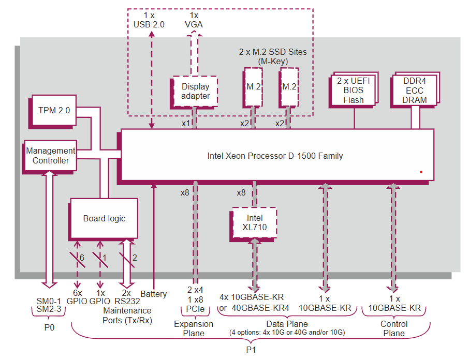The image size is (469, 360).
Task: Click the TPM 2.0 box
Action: (x=54, y=110)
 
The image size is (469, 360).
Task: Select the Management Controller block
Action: (x=51, y=156)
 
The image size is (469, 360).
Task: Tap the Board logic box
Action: (x=104, y=218)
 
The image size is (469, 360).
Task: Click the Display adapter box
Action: (x=196, y=92)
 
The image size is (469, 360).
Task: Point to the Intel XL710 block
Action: (x=254, y=223)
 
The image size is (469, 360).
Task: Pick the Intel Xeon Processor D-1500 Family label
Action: (x=275, y=155)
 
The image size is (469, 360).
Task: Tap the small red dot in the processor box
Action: (x=421, y=172)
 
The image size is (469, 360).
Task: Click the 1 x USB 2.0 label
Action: (x=149, y=20)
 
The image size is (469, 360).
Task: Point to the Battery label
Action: (x=154, y=294)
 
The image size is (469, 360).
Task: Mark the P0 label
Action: (x=50, y=327)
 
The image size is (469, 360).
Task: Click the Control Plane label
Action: (x=394, y=328)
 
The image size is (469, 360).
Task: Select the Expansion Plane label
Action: (x=193, y=328)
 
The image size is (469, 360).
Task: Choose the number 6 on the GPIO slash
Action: (x=81, y=257)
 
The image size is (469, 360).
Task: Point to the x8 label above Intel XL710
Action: (x=241, y=192)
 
